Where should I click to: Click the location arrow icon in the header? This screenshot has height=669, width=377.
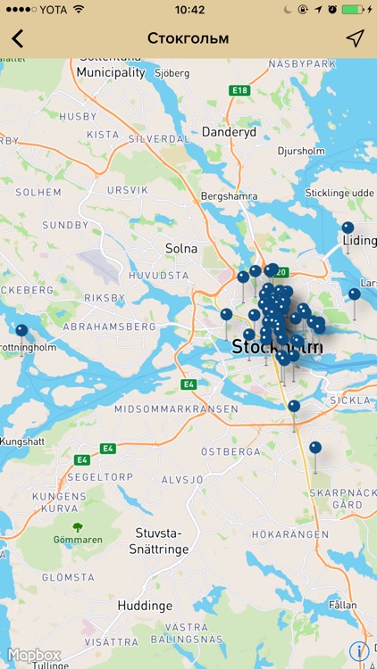(x=356, y=38)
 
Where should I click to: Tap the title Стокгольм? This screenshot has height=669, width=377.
(x=188, y=38)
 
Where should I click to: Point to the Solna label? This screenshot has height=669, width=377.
(x=181, y=248)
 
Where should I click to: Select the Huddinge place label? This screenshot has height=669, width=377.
(x=145, y=606)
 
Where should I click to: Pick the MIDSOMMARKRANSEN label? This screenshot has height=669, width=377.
(x=177, y=409)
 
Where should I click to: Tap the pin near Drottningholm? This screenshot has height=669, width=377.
(x=21, y=331)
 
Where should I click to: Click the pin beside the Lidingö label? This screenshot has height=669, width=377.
(x=348, y=228)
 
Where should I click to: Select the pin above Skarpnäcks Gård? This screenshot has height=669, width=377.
(x=314, y=448)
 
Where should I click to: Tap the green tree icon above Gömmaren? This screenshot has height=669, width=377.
(x=78, y=527)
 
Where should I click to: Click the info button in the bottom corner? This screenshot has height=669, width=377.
(x=359, y=651)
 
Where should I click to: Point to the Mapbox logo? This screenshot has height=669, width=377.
(x=34, y=655)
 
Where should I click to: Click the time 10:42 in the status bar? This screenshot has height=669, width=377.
(x=189, y=10)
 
